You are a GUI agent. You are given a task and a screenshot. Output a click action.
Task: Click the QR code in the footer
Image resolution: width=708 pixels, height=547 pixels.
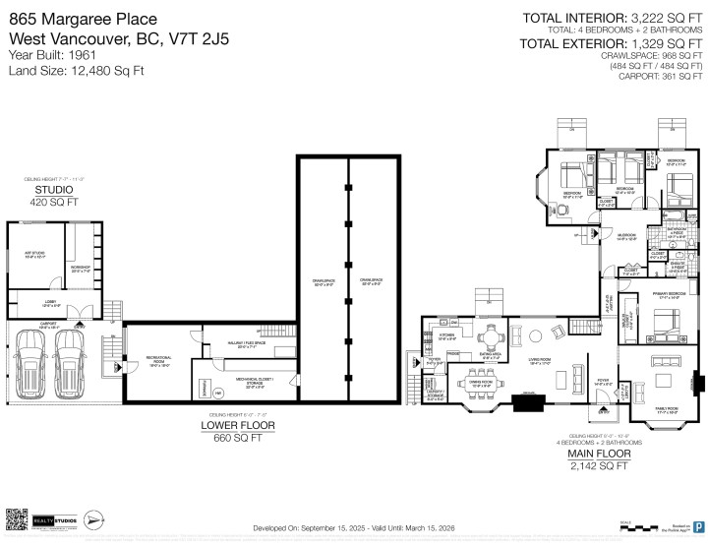coord(16,518)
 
